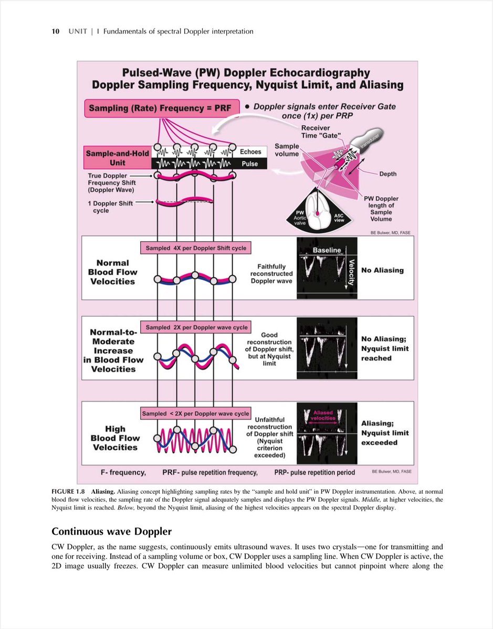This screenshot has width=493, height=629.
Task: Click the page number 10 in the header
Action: tap(55, 31)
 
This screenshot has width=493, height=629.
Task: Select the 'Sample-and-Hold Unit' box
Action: tap(118, 158)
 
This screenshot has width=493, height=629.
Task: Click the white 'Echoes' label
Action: tap(250, 152)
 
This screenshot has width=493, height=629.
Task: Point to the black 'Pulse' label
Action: tap(250, 164)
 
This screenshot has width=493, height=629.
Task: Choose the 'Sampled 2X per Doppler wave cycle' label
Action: tap(196, 328)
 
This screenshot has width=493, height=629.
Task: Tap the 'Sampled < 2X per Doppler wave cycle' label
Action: tap(195, 414)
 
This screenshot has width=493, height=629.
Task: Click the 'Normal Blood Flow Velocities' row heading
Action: tap(112, 272)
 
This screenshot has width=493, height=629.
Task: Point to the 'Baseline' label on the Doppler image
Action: tap(327, 251)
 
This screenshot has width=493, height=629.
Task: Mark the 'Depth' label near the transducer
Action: tap(388, 173)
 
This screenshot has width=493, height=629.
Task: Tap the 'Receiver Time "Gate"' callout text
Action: tap(316, 132)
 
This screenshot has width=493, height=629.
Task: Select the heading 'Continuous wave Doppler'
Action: tap(111, 532)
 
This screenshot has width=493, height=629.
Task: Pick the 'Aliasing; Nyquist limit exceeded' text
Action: tap(384, 433)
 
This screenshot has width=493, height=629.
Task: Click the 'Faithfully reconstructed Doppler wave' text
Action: tap(271, 274)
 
